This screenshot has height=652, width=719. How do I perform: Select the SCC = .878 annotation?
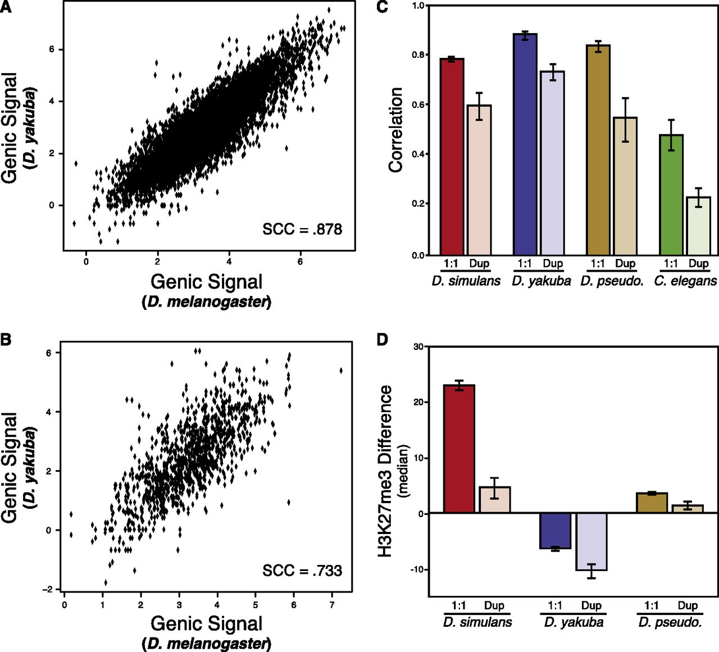[x=302, y=229]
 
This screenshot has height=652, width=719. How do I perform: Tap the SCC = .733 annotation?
[x=302, y=571]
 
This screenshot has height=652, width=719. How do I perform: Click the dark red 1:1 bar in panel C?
[x=452, y=157]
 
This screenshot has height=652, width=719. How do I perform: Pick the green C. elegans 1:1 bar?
[x=671, y=195]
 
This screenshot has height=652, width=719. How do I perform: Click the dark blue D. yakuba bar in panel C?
[x=525, y=144]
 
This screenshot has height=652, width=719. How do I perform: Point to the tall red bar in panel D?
[x=459, y=449]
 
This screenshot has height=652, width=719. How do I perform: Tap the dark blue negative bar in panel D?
[x=555, y=531]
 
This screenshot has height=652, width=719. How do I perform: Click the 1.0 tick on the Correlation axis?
[x=418, y=6]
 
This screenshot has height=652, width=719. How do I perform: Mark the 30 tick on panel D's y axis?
[x=418, y=346]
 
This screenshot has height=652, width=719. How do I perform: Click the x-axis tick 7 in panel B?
[x=332, y=605]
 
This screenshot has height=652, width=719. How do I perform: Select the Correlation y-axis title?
[x=395, y=130]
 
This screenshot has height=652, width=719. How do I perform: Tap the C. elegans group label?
[x=685, y=281]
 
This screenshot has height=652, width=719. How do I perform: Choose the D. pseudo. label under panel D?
[x=670, y=622]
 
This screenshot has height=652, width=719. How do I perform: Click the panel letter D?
[x=383, y=340]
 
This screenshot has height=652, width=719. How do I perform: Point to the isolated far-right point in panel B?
[x=341, y=371]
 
